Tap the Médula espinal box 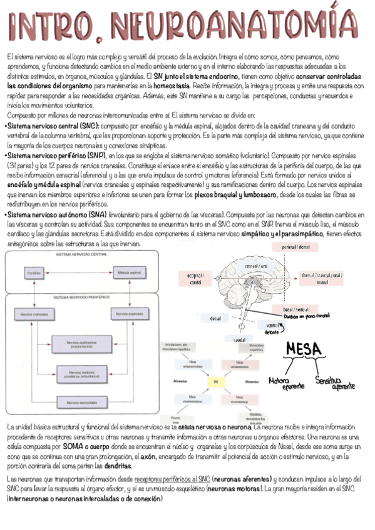(x=129, y=273)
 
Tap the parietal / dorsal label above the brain (x=296, y=247)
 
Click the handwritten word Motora (x=280, y=379)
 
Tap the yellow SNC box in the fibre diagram (x=217, y=382)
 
